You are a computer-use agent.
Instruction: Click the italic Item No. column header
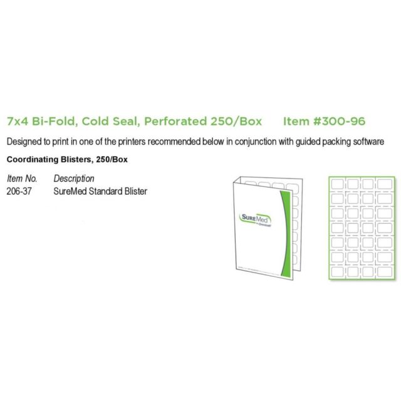pyautogui.click(x=23, y=179)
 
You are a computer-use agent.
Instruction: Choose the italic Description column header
pyautogui.click(x=74, y=179)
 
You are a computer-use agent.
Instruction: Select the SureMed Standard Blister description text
pyautogui.click(x=100, y=191)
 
